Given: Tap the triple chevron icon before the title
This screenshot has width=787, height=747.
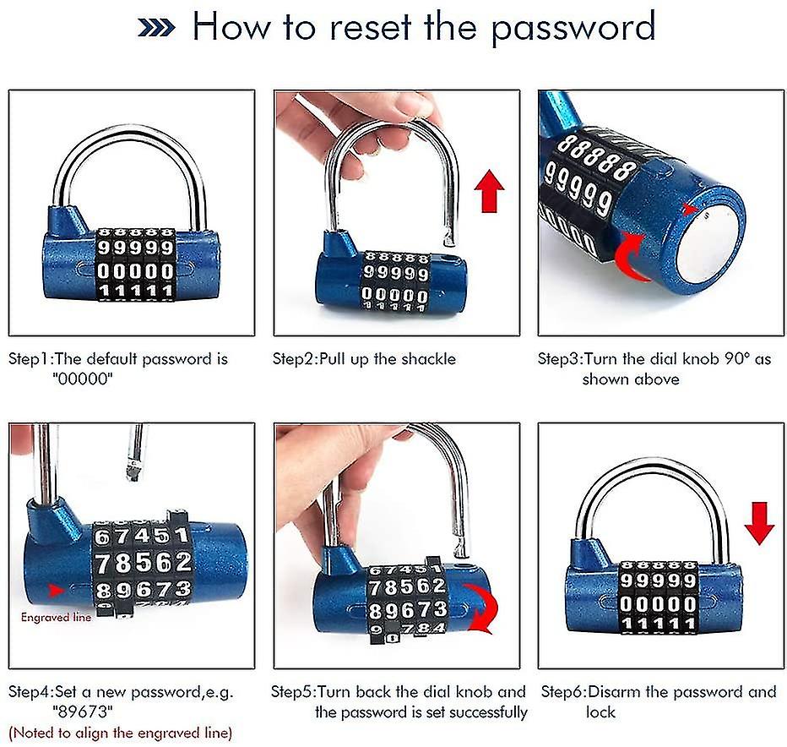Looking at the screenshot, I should pyautogui.click(x=156, y=27).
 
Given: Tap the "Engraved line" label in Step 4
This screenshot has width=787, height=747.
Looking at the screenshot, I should pyautogui.click(x=56, y=618).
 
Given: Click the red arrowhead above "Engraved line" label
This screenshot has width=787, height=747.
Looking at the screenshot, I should pyautogui.click(x=56, y=589).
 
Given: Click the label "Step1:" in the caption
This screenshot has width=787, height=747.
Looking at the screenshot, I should pyautogui.click(x=30, y=359).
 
